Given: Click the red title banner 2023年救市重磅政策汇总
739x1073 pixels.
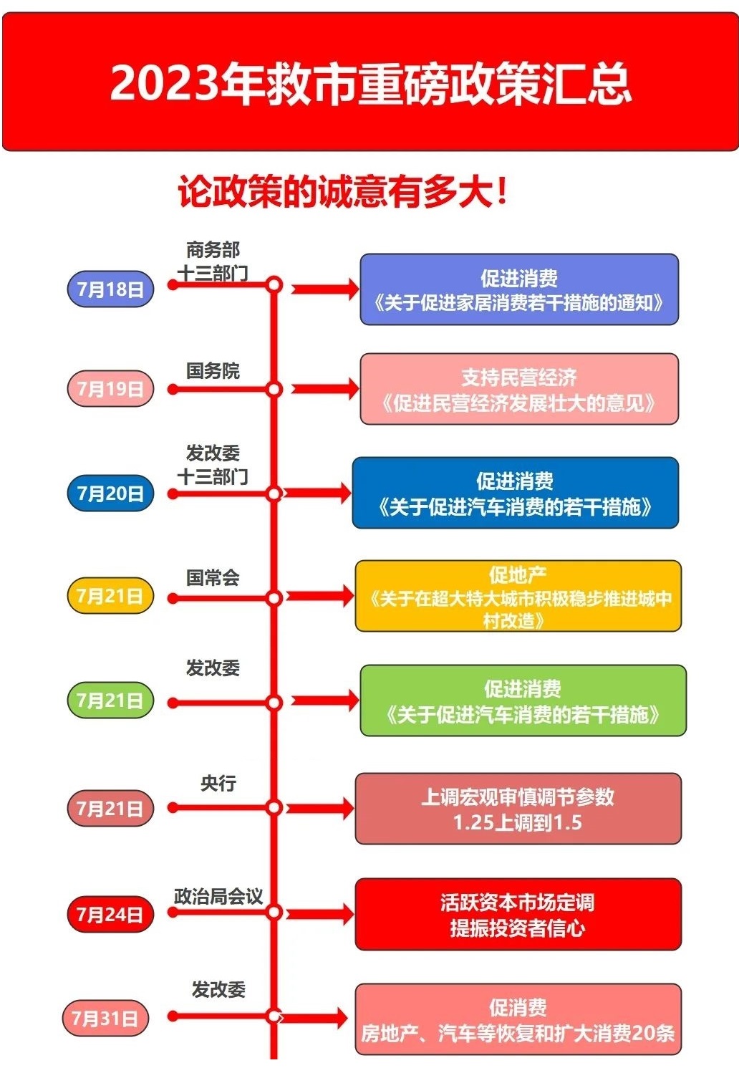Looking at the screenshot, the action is point(370,82).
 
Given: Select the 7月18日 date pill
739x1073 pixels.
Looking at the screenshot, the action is point(110,289).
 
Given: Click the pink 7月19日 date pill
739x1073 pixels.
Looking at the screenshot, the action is point(110,388).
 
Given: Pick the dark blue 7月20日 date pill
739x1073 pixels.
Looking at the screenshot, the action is point(110,493).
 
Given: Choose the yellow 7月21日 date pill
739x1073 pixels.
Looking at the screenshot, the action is point(110,596).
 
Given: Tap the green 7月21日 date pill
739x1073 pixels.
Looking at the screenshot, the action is point(110,701).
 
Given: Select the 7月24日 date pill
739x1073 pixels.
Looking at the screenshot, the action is point(110,915).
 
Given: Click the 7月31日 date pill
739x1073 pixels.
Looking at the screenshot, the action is point(105,1018).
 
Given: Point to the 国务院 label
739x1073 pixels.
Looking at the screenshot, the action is point(213,371).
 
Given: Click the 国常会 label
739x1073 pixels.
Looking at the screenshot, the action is point(213,578).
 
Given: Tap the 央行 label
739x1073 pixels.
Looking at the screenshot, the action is point(218,784).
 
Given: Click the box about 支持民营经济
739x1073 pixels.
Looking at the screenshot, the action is point(519,389).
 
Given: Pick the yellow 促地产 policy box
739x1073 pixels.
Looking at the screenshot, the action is point(518,596).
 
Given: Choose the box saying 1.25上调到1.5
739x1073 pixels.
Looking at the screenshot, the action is point(518,809).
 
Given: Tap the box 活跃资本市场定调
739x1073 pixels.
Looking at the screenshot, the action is point(518,914).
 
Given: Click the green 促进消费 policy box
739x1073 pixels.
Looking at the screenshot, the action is point(523,701).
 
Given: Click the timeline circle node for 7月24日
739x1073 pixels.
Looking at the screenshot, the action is point(274,912).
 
